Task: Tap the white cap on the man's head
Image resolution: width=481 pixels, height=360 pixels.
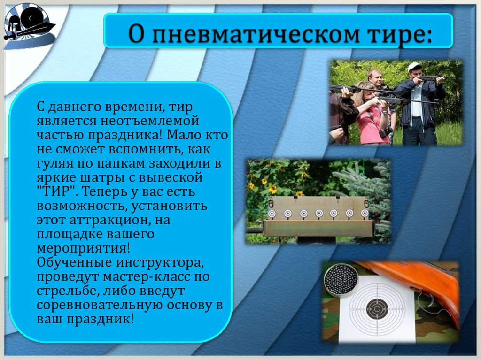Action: point(413,66)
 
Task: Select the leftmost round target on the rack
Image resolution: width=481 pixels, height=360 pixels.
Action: point(271,214)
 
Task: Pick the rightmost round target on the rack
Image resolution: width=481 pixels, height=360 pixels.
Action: point(365,214)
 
